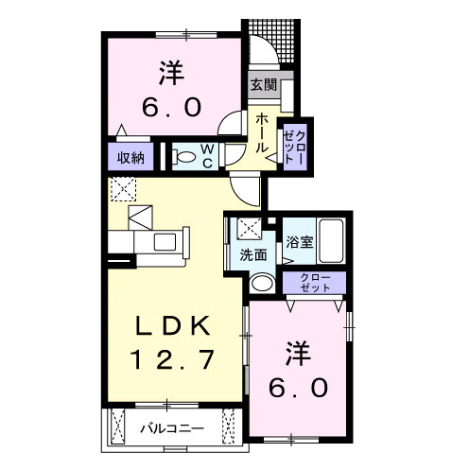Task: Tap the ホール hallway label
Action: [x=262, y=131]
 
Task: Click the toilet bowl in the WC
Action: [x=185, y=156]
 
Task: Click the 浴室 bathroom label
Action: [x=300, y=242]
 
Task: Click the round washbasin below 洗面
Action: [x=262, y=282]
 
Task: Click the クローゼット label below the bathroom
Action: [x=315, y=281]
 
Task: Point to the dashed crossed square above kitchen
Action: [x=123, y=189]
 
